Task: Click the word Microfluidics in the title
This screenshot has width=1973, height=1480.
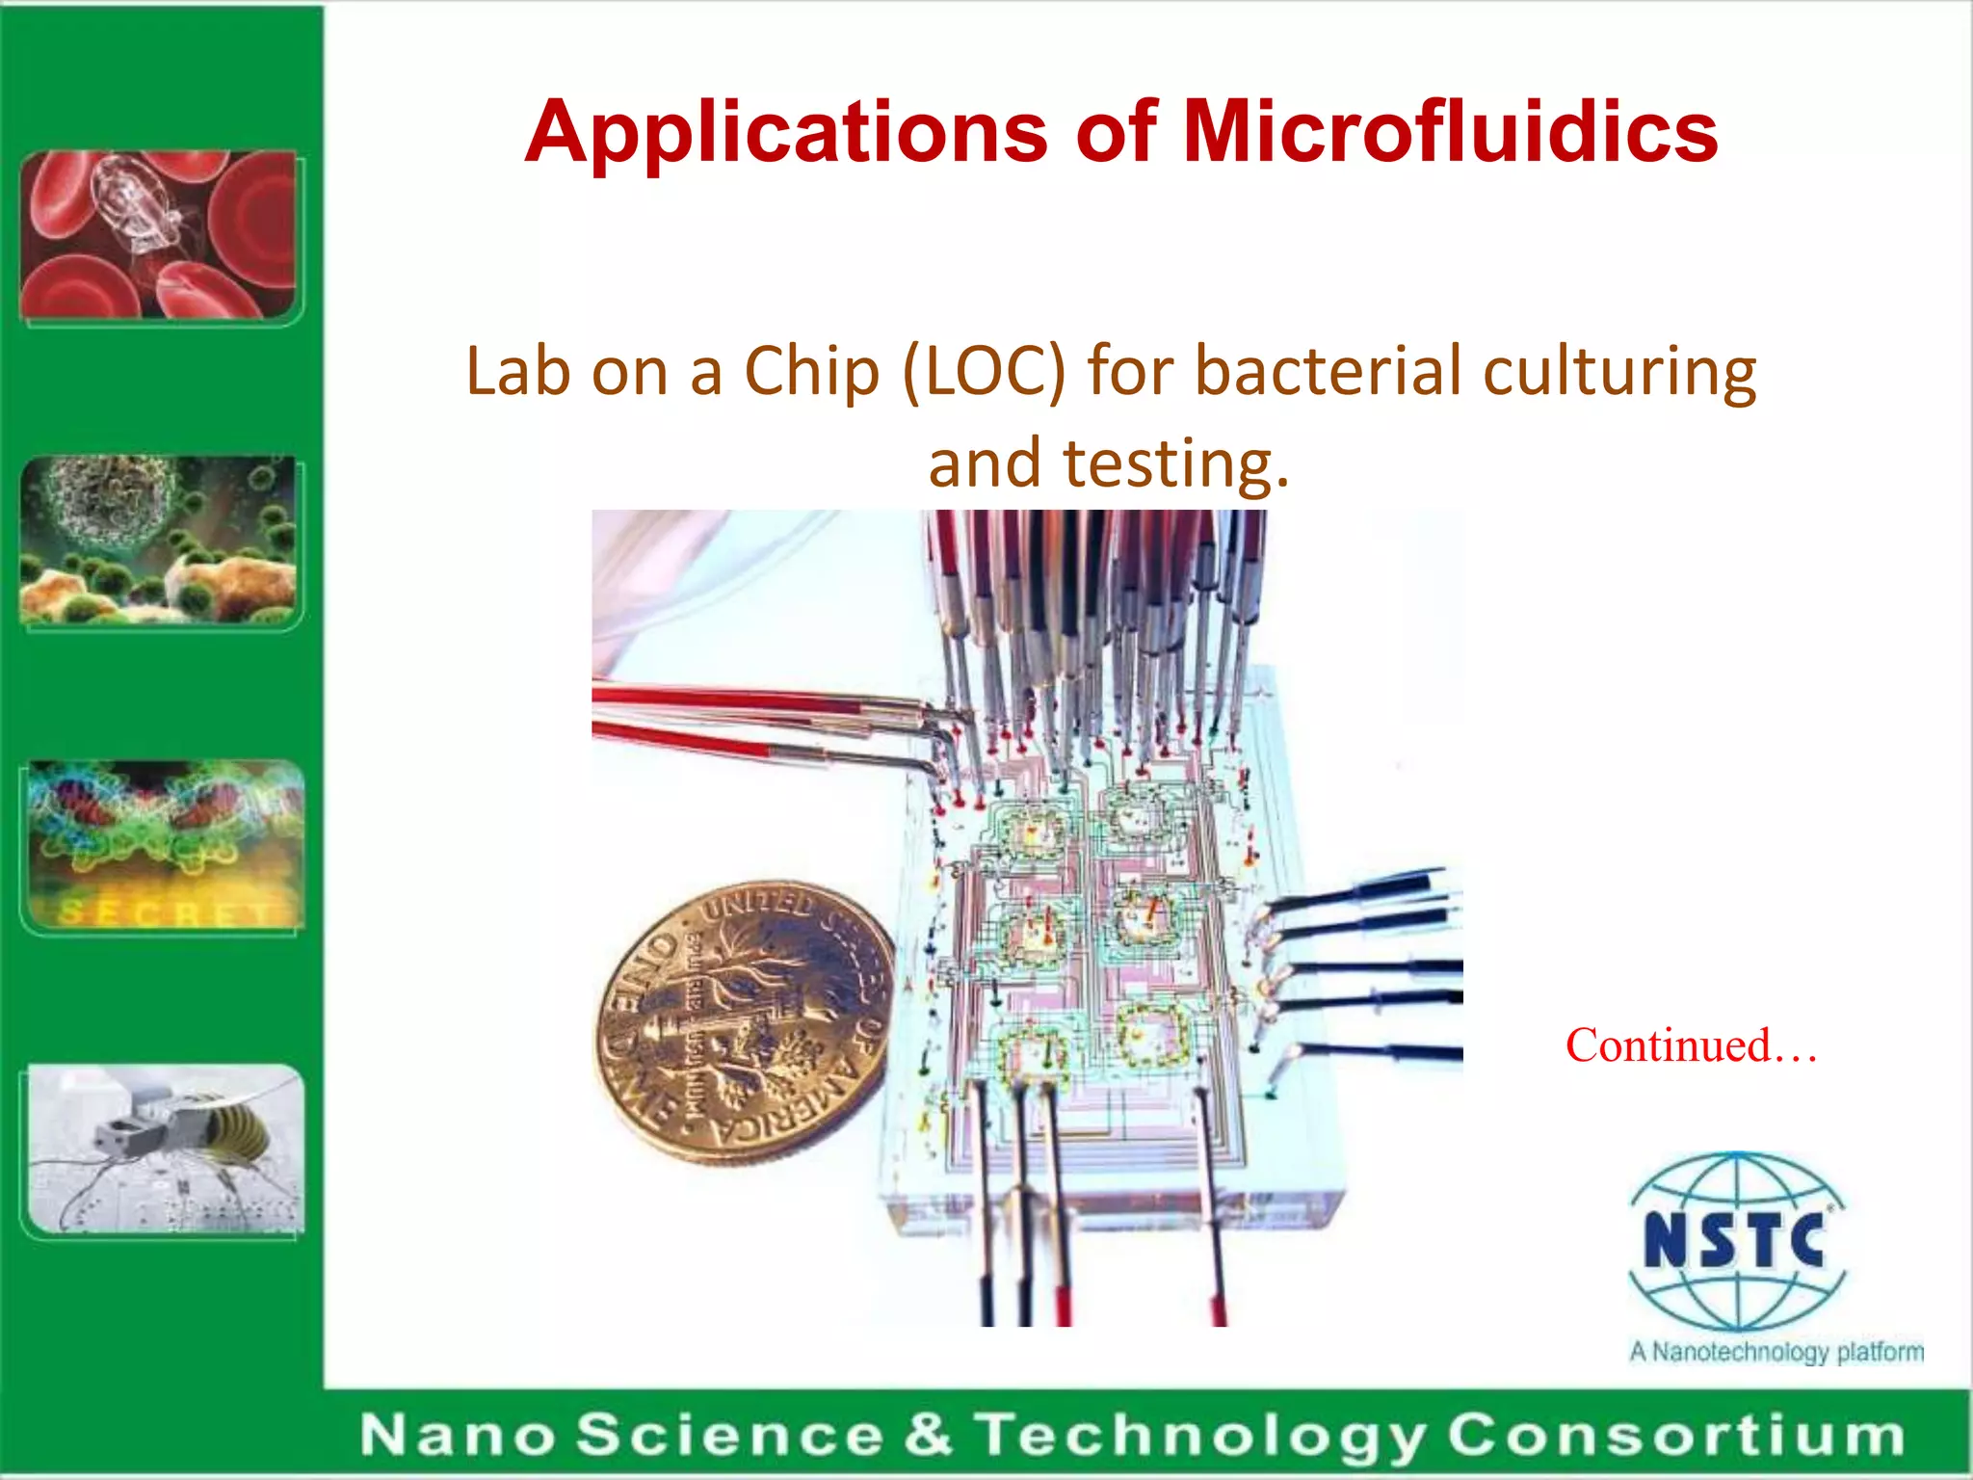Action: (1450, 132)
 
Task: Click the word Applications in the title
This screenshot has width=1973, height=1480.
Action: (786, 132)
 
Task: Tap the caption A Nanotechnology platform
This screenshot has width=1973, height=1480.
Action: (1776, 1351)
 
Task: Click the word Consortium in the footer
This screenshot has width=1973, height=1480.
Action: (1676, 1435)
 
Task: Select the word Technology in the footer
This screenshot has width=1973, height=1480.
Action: (1200, 1435)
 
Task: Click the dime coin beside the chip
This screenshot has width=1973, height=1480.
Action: (743, 1021)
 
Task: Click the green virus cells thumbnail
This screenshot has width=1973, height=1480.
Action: (159, 539)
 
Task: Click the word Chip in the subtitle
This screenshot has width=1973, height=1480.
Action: (812, 371)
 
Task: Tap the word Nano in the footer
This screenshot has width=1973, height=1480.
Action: (458, 1435)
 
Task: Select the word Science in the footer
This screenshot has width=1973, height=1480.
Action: (730, 1435)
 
